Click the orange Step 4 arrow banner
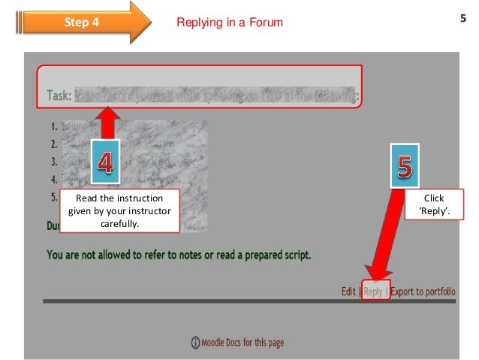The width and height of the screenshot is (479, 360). click(x=83, y=23)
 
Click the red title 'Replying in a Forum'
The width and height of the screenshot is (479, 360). click(x=229, y=23)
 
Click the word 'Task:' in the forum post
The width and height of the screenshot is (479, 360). click(x=56, y=96)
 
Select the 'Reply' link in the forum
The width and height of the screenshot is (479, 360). click(x=374, y=292)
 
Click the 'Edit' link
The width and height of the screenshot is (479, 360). click(x=348, y=292)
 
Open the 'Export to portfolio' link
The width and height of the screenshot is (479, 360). click(x=423, y=292)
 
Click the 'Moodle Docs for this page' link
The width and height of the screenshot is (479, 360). click(x=243, y=343)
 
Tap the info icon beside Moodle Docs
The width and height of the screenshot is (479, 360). click(x=197, y=343)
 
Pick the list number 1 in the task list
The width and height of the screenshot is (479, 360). click(x=53, y=128)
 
